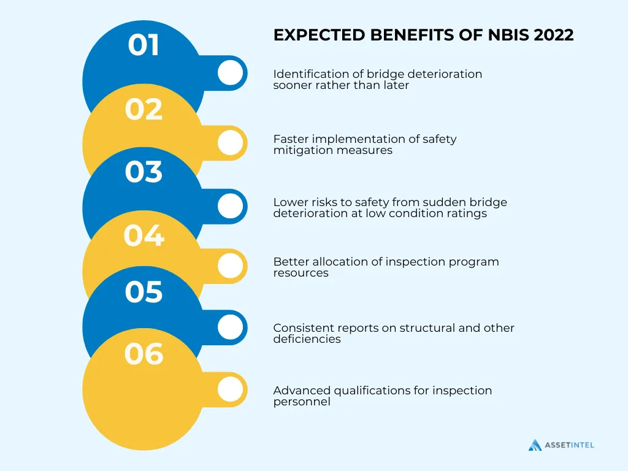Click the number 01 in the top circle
tap(144, 45)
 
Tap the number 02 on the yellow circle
tap(144, 110)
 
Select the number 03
tap(144, 172)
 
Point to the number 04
tap(144, 235)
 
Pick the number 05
tap(144, 293)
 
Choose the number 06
tap(144, 354)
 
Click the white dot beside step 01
tap(230, 73)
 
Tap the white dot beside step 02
tap(230, 143)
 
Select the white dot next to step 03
tap(230, 206)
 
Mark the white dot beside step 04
tap(230, 266)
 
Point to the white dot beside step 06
tap(230, 389)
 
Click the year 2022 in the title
tap(554, 36)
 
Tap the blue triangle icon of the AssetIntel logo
tap(535, 445)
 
